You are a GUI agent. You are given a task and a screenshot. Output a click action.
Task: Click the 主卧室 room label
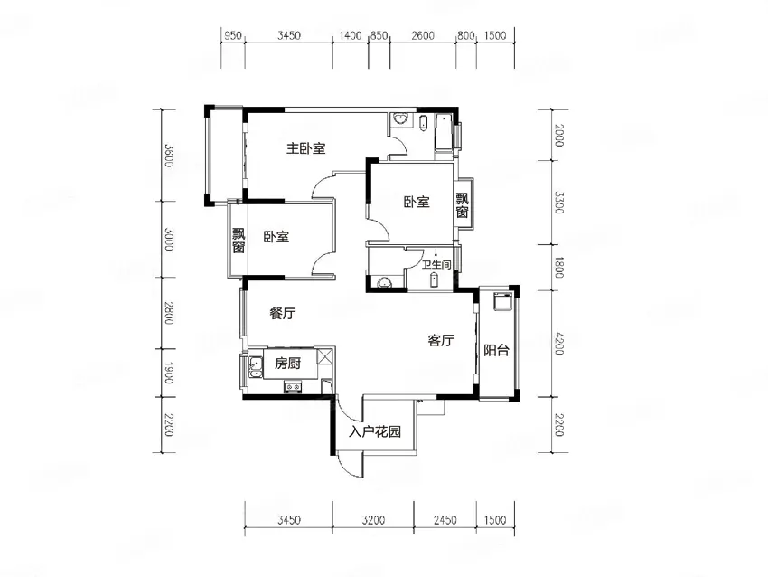[x=306, y=148]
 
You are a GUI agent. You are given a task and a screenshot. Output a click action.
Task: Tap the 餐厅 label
[x=283, y=313]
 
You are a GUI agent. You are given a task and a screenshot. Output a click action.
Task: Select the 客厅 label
[x=441, y=340]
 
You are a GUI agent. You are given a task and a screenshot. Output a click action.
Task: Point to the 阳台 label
[x=497, y=351]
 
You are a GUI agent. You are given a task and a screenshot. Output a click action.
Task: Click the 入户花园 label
[x=375, y=432]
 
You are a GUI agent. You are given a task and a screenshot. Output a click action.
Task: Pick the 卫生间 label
[x=436, y=265]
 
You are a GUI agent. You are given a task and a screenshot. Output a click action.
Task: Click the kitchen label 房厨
[x=287, y=364]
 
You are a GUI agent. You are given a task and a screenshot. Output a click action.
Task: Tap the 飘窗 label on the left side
[x=239, y=241]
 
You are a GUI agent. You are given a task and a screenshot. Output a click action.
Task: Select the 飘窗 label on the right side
[x=463, y=205]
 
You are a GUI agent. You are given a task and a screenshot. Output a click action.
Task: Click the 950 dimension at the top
[x=232, y=35]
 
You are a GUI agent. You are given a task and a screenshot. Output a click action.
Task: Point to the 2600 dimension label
[x=423, y=35]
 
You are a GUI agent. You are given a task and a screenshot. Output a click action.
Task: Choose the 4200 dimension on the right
[x=559, y=345]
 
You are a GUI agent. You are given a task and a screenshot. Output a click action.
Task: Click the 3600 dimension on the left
[x=168, y=155]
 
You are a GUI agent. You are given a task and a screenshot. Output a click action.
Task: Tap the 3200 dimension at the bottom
[x=373, y=520]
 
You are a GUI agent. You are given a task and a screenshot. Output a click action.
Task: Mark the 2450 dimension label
[x=445, y=520]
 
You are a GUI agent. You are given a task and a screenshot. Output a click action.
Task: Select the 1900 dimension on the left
[x=168, y=373]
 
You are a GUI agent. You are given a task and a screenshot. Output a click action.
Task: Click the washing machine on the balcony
[x=503, y=301]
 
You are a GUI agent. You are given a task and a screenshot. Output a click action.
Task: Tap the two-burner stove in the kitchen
[x=294, y=388]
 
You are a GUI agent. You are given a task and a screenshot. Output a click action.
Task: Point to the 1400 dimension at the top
[x=351, y=35]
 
